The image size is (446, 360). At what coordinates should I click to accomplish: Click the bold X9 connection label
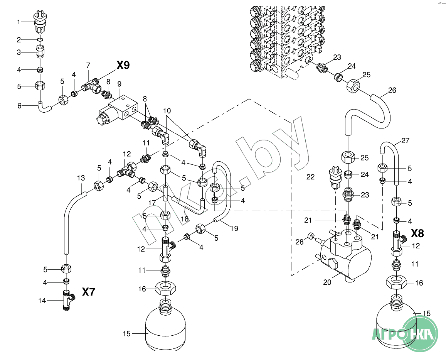tap(123, 65)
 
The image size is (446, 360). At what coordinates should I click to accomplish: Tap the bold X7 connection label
tap(88, 292)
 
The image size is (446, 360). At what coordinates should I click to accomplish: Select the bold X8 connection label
tap(417, 233)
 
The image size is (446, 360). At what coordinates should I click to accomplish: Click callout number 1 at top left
tap(19, 22)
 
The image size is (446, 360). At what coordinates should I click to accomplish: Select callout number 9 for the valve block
tap(119, 84)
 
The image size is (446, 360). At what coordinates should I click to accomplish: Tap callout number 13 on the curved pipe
tap(81, 178)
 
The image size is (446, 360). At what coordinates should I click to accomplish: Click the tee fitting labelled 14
tap(68, 300)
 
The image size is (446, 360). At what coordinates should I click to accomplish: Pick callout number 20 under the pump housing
tap(327, 282)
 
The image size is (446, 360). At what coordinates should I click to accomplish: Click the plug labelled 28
tap(311, 236)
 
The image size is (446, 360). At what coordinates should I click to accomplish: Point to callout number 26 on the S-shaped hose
tap(392, 91)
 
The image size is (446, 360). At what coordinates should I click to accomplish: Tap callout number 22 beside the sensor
tap(311, 177)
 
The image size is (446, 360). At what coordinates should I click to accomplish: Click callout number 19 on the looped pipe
tap(234, 228)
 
